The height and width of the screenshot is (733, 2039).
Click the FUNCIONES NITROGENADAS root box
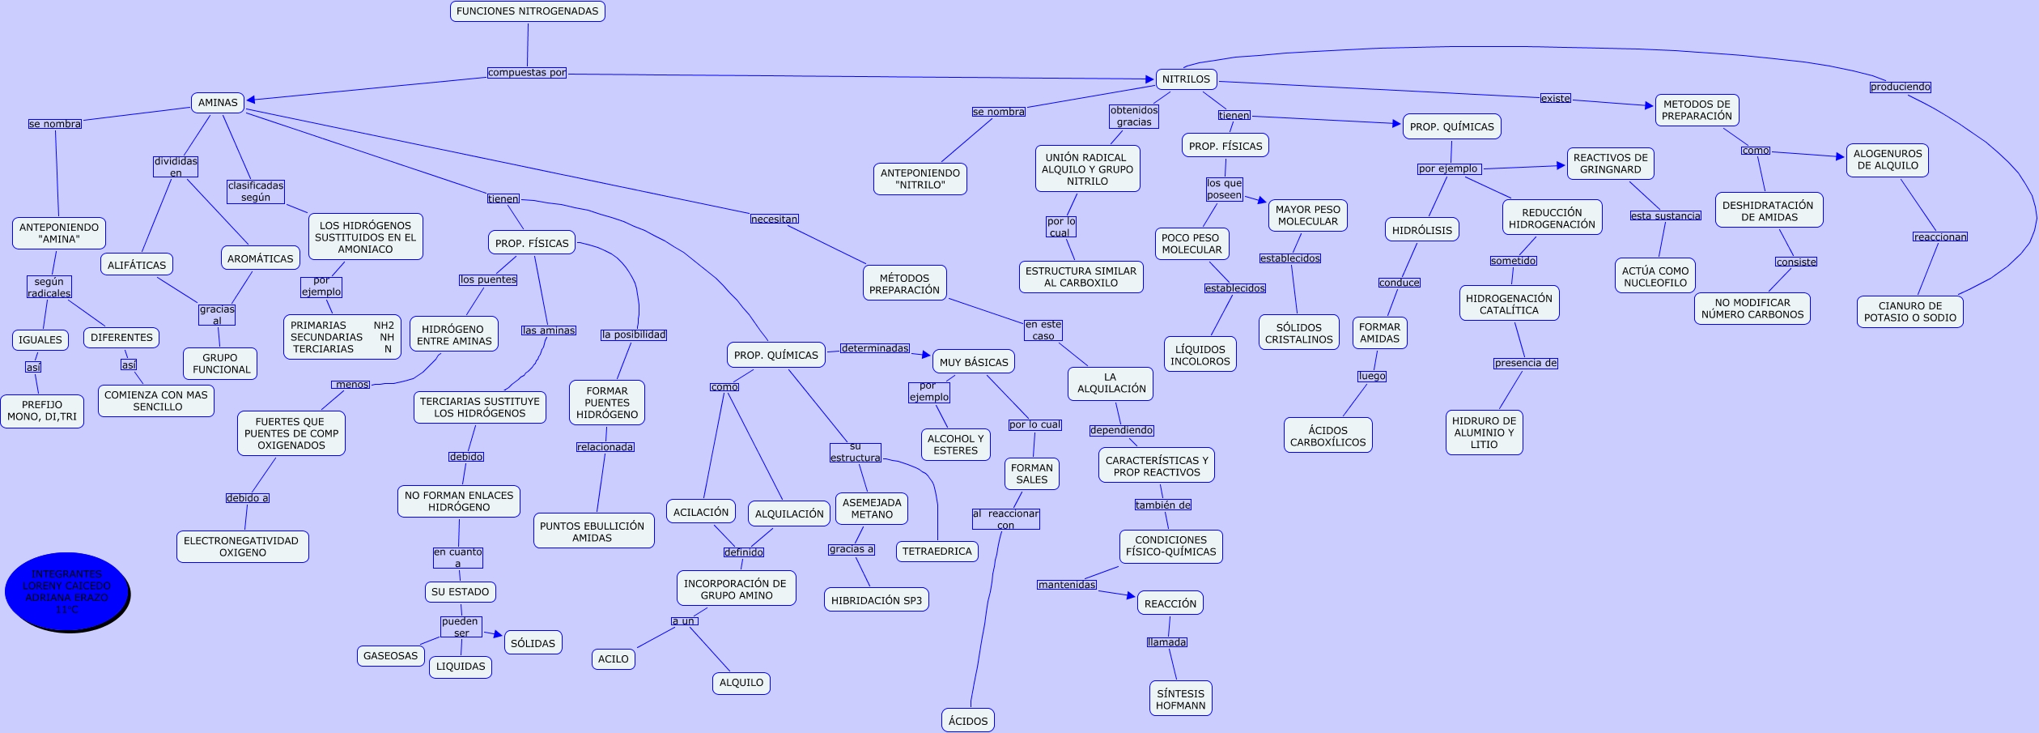coord(527,11)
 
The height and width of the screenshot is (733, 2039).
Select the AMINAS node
coord(218,103)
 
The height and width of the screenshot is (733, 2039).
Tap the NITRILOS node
coord(1186,79)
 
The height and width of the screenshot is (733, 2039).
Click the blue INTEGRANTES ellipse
coord(67,592)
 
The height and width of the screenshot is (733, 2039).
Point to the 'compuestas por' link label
coord(527,73)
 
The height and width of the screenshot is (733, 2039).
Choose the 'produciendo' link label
coord(1900,87)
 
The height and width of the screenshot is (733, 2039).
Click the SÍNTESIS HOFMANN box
coord(1180,699)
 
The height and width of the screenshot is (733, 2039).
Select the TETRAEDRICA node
coord(937,552)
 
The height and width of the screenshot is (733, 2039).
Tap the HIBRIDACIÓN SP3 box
coord(876,600)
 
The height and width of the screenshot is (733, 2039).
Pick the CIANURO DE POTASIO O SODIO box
coord(1909,312)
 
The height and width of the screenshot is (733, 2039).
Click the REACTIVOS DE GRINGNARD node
coord(1610,164)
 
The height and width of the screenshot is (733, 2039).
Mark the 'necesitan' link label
coord(774,219)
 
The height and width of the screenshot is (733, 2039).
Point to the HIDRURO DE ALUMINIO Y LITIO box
coord(1484,433)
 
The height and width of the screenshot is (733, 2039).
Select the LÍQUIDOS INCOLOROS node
coord(1200,355)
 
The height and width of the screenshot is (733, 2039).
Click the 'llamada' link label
coord(1166,642)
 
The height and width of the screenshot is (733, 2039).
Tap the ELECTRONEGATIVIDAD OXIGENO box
coord(242,547)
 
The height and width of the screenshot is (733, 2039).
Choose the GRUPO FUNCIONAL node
coord(220,364)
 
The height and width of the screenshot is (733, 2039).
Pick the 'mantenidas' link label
coord(1066,585)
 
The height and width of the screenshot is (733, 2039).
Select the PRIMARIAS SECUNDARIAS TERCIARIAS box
coord(342,337)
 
